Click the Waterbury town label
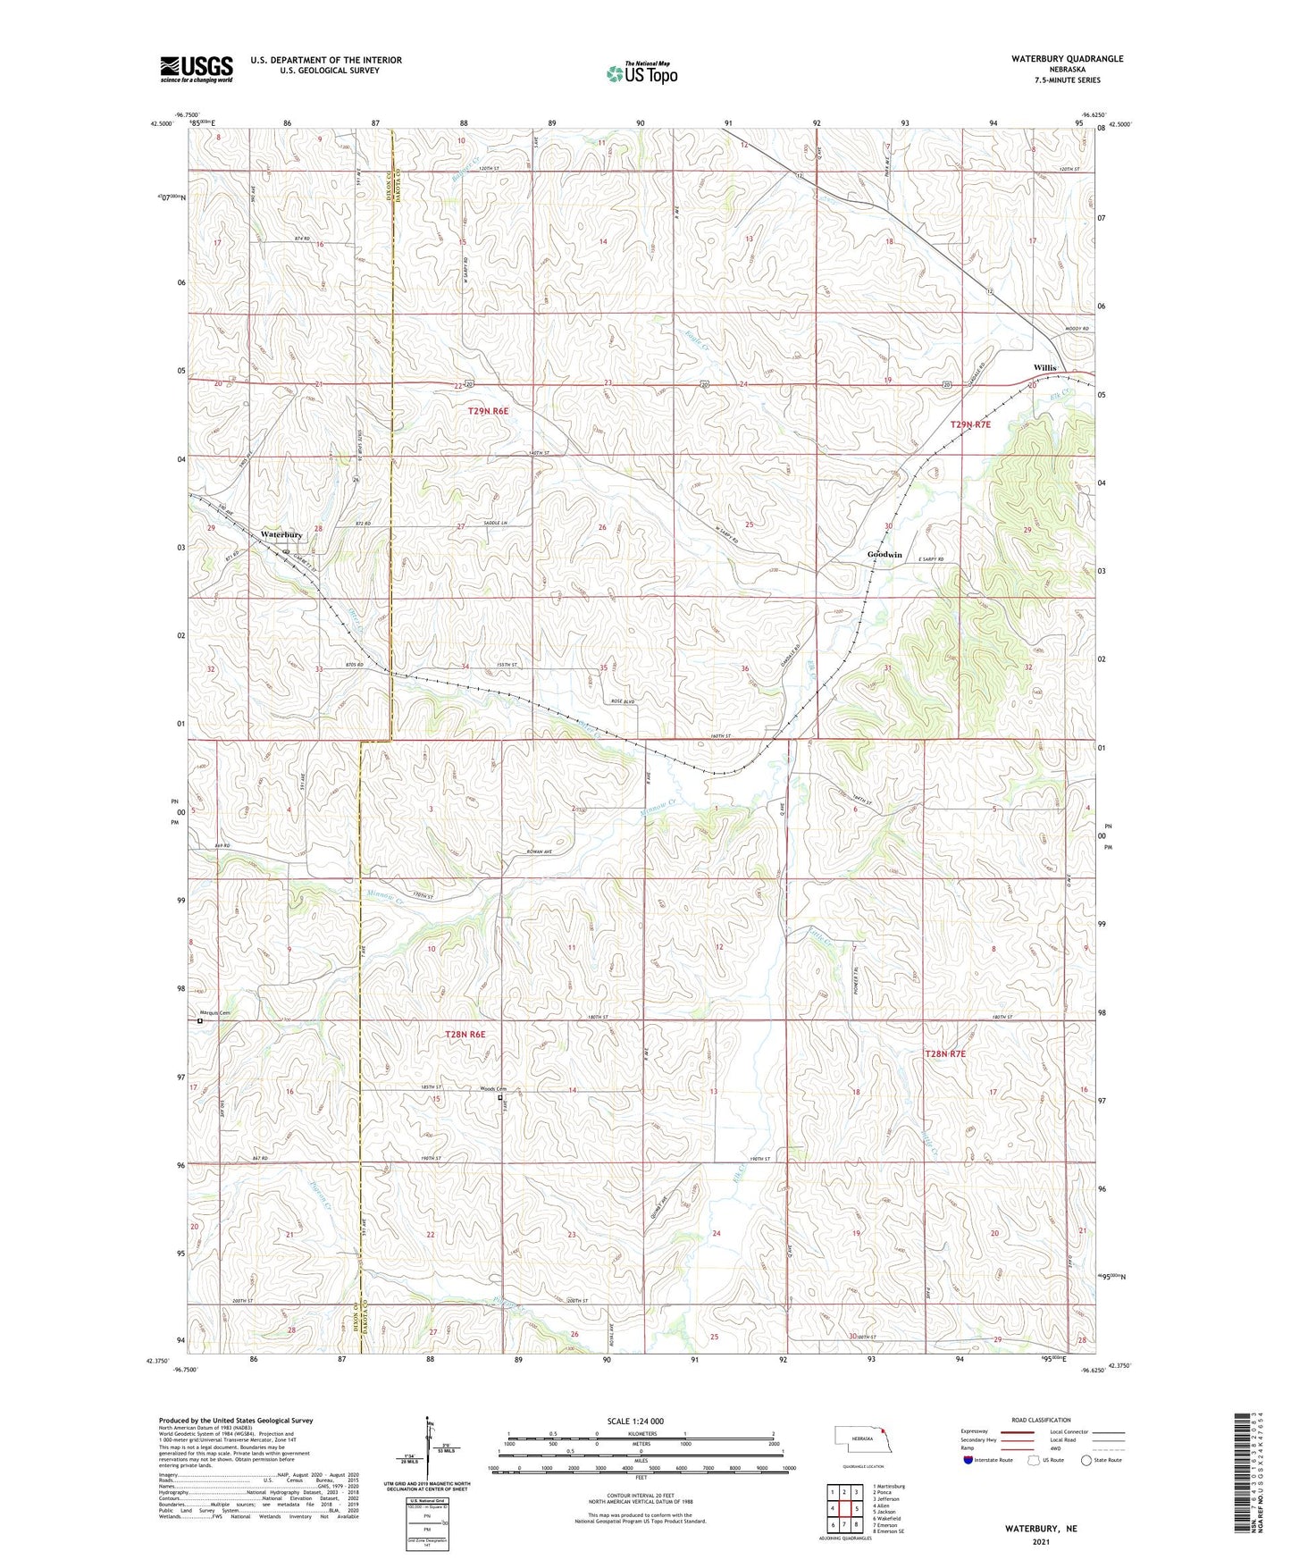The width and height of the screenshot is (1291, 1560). [x=281, y=534]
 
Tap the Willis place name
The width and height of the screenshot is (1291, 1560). [x=1044, y=368]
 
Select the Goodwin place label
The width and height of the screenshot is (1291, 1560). [x=884, y=555]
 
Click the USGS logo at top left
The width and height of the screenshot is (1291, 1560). [x=197, y=69]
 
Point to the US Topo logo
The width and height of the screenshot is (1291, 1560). [x=641, y=73]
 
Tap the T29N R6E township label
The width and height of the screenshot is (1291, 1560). [x=488, y=411]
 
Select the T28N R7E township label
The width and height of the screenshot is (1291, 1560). [x=944, y=1054]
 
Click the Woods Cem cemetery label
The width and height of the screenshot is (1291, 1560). [x=493, y=1089]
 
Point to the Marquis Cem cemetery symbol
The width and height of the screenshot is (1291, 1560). [x=200, y=1020]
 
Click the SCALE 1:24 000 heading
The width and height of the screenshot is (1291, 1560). [x=635, y=1422]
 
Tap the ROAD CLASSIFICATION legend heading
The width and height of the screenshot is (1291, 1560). [x=1041, y=1420]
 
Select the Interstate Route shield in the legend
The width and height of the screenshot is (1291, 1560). [x=968, y=1460]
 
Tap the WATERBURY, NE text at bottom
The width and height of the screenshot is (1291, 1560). [x=1040, y=1529]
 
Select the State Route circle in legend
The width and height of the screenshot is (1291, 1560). [x=1086, y=1460]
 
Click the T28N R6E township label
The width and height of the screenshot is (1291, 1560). [x=465, y=1035]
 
